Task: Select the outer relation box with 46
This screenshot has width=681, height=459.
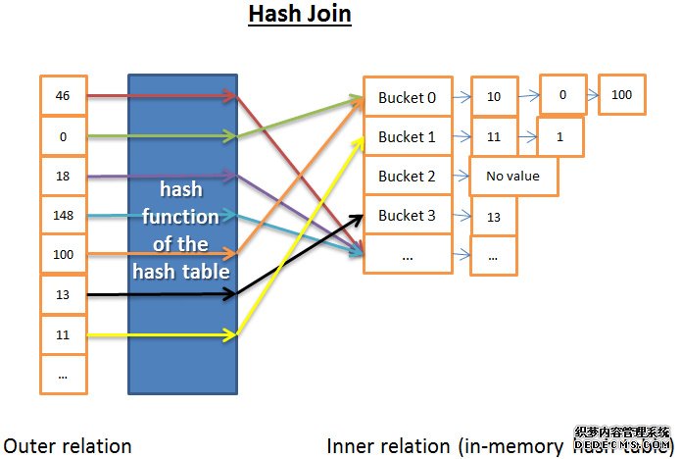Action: (64, 96)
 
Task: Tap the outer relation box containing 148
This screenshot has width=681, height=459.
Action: (64, 215)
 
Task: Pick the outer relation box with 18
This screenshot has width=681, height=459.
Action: (64, 176)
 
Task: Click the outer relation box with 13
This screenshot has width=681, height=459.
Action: (64, 294)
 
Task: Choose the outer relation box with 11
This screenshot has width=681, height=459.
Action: (64, 334)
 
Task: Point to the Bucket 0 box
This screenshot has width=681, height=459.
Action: (408, 97)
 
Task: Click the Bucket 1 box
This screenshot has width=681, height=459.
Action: (408, 136)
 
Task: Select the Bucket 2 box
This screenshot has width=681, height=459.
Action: (408, 176)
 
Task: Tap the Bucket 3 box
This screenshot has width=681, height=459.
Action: (408, 215)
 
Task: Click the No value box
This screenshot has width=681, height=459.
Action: (514, 177)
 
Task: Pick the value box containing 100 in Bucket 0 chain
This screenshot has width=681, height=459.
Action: (621, 95)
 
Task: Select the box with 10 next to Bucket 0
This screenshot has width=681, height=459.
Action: (494, 97)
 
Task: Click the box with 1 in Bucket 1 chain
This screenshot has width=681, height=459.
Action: (559, 136)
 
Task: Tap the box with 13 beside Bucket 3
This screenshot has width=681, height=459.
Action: (494, 217)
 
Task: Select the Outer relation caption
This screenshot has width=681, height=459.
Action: (67, 445)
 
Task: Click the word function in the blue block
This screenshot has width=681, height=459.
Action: (182, 216)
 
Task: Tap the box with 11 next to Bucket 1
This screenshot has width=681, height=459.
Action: (494, 136)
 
